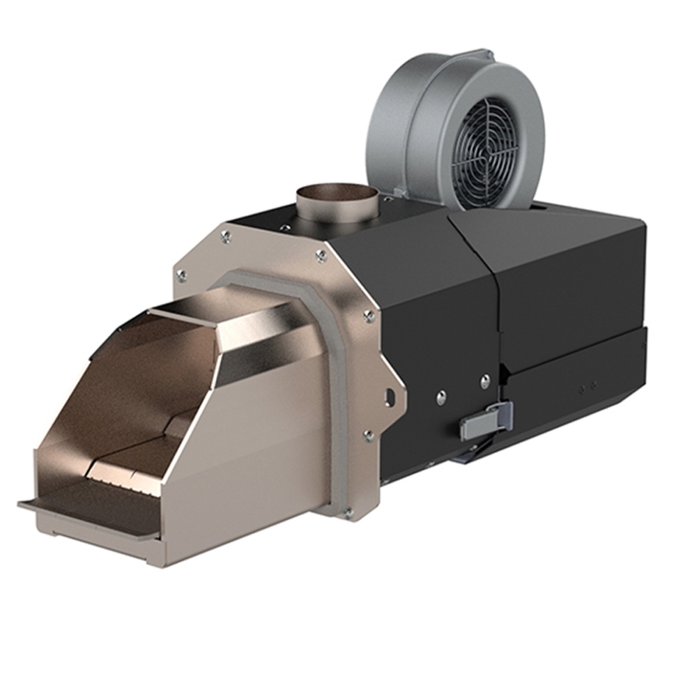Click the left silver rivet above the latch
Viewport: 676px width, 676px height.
point(441,398)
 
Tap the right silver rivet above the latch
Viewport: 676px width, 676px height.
point(485,381)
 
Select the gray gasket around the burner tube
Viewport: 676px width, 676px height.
point(335,390)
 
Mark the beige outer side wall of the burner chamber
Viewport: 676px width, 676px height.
point(251,446)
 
